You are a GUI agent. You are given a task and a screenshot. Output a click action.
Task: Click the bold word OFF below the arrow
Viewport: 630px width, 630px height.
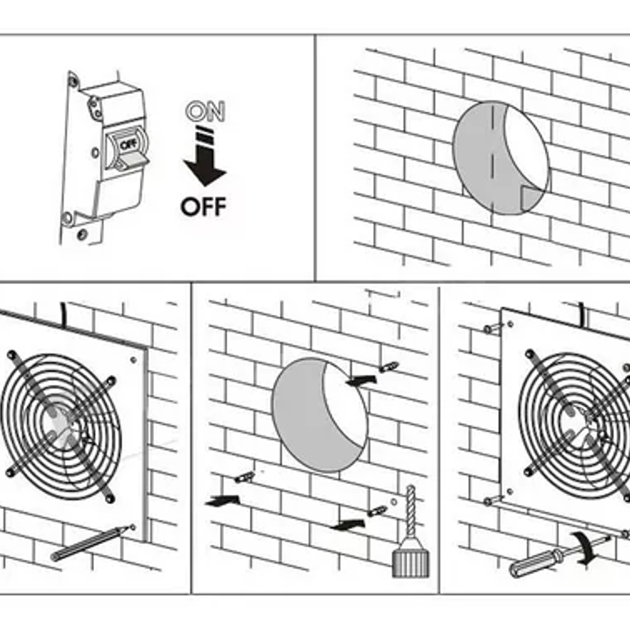[203, 207]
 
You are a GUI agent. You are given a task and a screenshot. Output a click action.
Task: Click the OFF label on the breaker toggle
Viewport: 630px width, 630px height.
[127, 145]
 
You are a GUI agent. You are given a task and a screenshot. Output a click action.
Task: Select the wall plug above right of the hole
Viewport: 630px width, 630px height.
[389, 366]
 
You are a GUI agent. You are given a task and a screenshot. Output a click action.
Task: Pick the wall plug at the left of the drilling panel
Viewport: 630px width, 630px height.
[244, 476]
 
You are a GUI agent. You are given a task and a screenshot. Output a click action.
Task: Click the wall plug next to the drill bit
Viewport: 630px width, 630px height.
[378, 511]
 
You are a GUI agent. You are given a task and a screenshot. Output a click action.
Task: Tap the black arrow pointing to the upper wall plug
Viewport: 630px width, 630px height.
[362, 380]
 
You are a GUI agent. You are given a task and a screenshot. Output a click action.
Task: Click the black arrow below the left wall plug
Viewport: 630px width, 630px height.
[223, 501]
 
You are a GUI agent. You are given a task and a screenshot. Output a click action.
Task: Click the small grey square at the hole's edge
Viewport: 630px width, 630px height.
[531, 198]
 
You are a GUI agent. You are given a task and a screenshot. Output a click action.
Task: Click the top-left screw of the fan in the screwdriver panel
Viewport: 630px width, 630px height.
[489, 329]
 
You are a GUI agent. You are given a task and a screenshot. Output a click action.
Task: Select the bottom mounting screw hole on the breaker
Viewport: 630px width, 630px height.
[82, 234]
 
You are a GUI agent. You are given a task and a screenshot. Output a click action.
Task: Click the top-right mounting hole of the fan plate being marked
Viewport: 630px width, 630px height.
[134, 360]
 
